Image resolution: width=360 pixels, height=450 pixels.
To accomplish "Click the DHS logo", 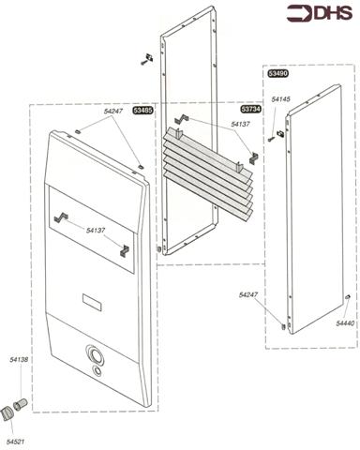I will [x=320, y=13].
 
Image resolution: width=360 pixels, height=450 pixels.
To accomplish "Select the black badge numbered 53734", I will [x=250, y=110].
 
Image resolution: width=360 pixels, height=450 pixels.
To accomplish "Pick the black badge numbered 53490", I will [x=277, y=72].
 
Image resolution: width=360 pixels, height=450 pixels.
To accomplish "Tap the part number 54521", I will [x=16, y=440].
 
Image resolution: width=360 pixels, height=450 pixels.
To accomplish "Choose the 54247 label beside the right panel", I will [x=248, y=295].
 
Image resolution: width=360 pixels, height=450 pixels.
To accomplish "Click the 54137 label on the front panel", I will [x=97, y=230].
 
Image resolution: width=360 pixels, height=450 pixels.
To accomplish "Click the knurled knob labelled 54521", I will [x=8, y=412].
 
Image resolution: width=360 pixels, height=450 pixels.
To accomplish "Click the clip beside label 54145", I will [x=279, y=134].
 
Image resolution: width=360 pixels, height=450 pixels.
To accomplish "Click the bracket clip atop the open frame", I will [x=145, y=59].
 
